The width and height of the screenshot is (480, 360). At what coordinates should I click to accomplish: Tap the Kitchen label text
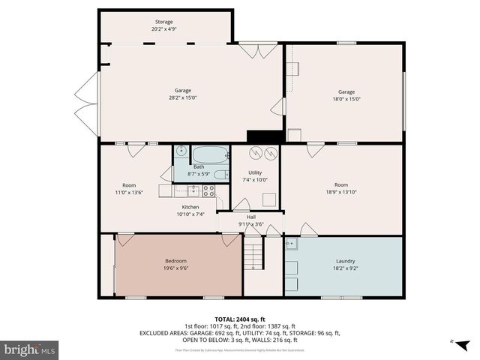tap(190, 207)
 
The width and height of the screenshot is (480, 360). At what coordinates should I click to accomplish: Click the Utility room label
tap(255, 172)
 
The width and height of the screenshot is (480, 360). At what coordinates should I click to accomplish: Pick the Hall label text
tap(251, 217)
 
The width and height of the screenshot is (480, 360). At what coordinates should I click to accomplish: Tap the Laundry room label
tap(344, 261)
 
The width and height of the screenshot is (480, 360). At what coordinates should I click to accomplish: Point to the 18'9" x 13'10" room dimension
tap(341, 192)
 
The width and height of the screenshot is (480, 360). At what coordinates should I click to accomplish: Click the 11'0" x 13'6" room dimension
tap(129, 192)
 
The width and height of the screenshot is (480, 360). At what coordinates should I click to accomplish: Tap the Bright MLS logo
tap(30, 349)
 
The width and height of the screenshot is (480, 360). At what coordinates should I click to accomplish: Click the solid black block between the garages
tap(265, 136)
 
